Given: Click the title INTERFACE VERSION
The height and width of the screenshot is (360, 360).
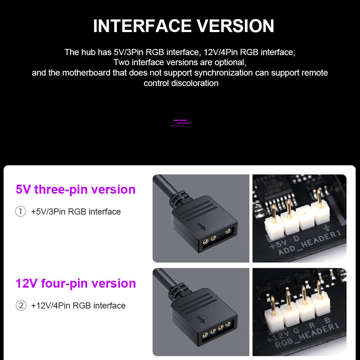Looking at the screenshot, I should (x=184, y=26).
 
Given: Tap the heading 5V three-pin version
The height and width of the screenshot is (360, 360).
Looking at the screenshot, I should (x=76, y=189).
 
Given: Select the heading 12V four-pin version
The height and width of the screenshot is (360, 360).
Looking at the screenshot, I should (x=76, y=283).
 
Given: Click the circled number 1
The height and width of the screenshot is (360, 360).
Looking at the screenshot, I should (x=21, y=212).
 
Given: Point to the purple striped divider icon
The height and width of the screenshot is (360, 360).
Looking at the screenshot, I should (x=180, y=123).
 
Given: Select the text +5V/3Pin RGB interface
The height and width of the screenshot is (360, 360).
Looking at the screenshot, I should (x=76, y=212).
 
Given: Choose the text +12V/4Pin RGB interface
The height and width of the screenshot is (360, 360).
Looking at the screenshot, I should (x=78, y=306).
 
